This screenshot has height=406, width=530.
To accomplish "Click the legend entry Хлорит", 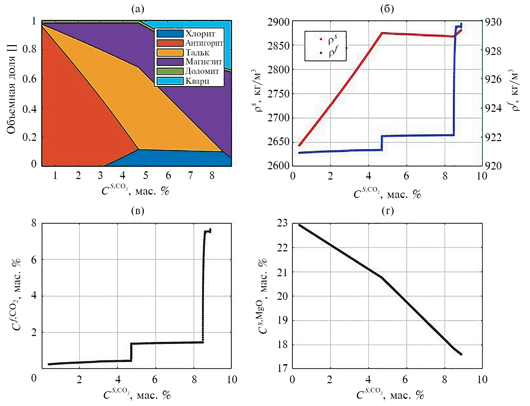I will [200, 34].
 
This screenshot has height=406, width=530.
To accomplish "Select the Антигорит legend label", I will [204, 43].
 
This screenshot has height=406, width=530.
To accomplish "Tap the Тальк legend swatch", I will [170, 52].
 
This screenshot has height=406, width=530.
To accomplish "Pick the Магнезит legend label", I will [204, 62].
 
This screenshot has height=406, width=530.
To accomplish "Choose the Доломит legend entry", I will [202, 71].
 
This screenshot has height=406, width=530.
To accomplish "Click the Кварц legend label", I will [197, 81].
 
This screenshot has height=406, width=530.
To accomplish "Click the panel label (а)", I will [138, 9].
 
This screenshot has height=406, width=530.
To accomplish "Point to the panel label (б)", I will [387, 9].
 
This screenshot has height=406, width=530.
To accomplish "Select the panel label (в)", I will [138, 211].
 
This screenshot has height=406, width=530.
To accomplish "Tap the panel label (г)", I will [387, 211].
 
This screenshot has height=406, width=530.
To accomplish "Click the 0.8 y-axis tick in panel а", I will [29, 49].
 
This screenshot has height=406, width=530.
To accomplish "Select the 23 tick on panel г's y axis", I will [282, 223].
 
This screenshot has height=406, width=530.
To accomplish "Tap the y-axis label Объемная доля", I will [12, 90].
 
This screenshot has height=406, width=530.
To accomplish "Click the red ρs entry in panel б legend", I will [332, 39].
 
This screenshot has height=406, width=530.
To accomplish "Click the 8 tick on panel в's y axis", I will [34, 223].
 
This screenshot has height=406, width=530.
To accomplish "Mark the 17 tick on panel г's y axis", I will [282, 369].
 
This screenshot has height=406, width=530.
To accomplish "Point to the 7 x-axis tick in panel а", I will [190, 175].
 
